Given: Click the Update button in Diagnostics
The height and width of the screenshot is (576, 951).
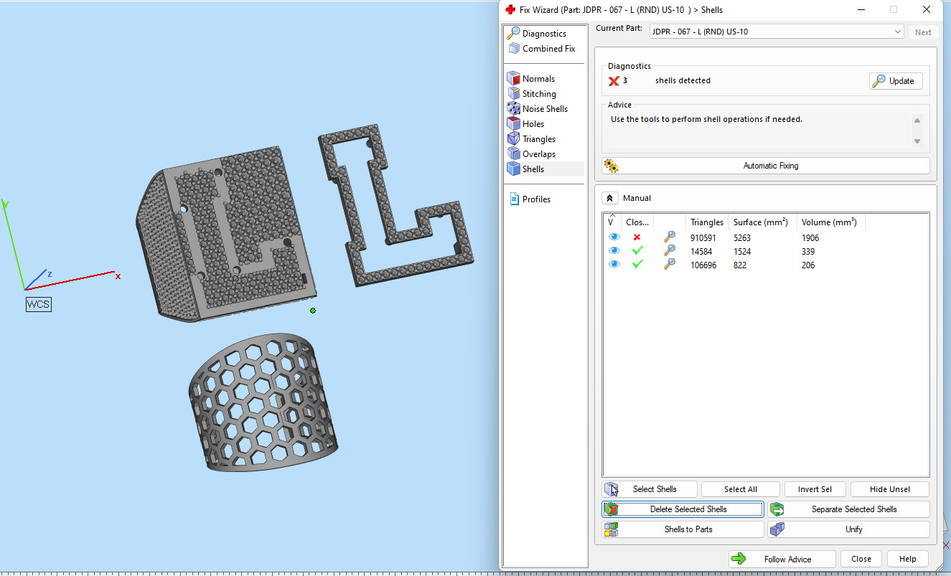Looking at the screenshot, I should coord(895,81).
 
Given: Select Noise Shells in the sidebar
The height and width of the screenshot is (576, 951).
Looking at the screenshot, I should coord(545,109).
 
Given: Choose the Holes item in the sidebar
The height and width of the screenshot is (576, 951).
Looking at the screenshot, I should coord(533,124).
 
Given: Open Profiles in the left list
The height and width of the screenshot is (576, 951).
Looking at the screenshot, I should coord(536,199).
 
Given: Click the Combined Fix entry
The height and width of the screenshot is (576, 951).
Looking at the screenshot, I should coord(548,49).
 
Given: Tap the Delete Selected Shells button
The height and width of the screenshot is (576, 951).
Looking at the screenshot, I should coord(683,509).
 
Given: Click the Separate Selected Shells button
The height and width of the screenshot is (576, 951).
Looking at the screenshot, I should coord(848,509).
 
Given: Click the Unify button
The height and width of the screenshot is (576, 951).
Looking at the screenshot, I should coord(848,529).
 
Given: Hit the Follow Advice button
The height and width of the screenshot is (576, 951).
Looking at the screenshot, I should coord(782,560).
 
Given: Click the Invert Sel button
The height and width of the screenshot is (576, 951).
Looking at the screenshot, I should coord(814,489).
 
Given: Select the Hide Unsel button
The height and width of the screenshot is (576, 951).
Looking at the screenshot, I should coord(889,489).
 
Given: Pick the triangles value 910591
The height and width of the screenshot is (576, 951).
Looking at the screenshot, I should coord(703,238).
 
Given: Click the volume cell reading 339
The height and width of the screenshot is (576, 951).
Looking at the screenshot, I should coord(808,252).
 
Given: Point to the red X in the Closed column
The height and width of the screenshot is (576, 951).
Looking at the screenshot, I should coord(637,237).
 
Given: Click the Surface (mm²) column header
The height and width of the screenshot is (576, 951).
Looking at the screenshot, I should coord(760,222).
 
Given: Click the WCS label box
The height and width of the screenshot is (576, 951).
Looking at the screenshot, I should coord(39,304).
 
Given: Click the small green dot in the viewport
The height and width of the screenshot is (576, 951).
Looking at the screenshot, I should coord(313,311).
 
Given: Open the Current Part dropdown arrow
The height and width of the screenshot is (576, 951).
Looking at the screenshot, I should coord(898,32).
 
